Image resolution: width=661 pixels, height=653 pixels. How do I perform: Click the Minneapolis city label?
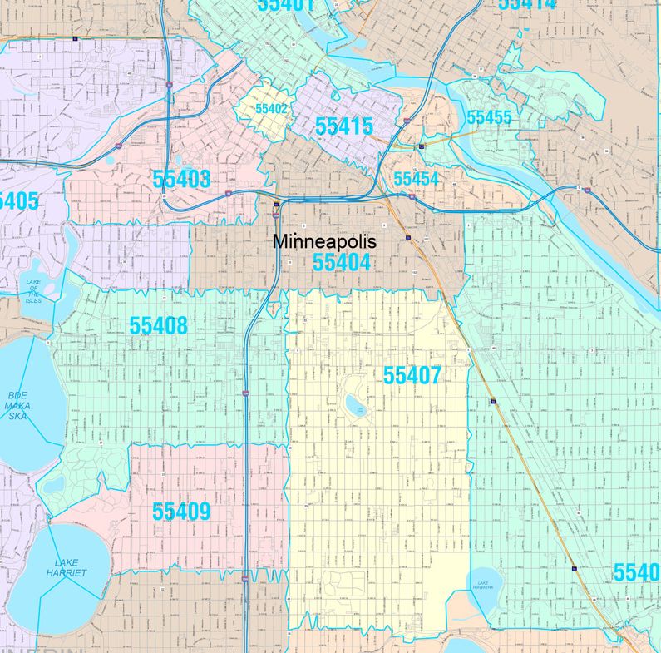tap(325, 242)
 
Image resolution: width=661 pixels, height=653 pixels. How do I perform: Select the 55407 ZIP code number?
tap(412, 376)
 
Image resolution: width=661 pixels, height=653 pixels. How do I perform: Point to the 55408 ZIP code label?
tap(158, 326)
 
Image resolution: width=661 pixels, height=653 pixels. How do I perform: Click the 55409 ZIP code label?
tap(181, 512)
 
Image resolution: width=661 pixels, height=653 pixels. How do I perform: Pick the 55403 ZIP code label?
tap(181, 179)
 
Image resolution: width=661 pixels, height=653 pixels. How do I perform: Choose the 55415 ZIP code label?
tap(343, 126)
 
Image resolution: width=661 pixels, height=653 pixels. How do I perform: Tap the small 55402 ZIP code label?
tap(271, 109)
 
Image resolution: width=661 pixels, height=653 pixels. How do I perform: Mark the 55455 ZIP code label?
tap(489, 117)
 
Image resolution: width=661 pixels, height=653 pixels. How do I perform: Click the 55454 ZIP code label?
tap(416, 179)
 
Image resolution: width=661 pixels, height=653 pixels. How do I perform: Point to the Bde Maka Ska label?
tap(17, 405)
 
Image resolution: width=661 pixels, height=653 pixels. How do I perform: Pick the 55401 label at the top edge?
tap(285, 5)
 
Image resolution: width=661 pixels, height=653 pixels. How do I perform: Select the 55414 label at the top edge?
tap(526, 4)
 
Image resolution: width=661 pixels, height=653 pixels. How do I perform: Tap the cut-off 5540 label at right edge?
tap(636, 572)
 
